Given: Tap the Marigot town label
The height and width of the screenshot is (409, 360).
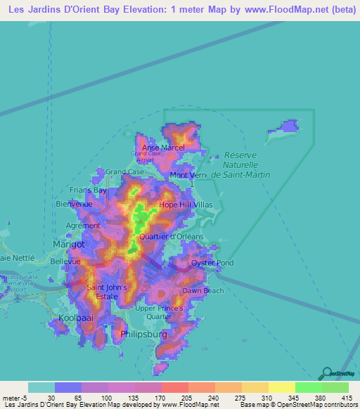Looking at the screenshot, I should pyautogui.click(x=69, y=244).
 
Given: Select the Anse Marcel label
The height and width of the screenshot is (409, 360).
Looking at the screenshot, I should pyautogui.click(x=163, y=148).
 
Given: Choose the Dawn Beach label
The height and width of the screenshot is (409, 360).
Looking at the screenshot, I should pyautogui.click(x=202, y=290).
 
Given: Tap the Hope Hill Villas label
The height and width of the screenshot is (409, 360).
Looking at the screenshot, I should pyautogui.click(x=186, y=204).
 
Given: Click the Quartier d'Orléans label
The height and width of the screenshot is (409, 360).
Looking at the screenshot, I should pyautogui.click(x=172, y=236).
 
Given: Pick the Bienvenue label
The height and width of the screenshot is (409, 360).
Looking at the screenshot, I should pyautogui.click(x=75, y=204).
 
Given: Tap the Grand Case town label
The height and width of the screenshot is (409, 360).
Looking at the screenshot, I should pyautogui.click(x=124, y=171).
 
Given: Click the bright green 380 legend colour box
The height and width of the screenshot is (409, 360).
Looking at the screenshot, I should pyautogui.click(x=309, y=387).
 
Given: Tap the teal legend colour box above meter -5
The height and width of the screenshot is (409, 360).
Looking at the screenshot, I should pyautogui.click(x=41, y=387).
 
